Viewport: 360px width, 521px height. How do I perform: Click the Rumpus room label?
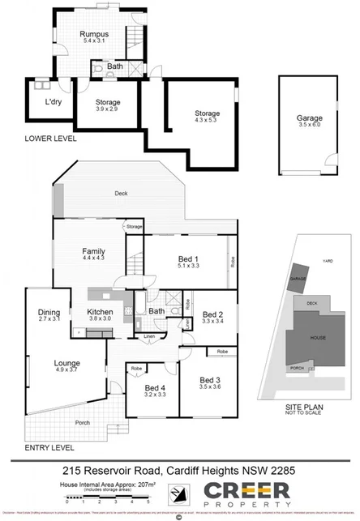(93, 35)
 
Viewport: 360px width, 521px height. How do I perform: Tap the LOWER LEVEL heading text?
(51, 138)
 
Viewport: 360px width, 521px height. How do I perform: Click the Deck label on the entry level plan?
(122, 193)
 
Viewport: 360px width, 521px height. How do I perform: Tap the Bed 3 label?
(211, 382)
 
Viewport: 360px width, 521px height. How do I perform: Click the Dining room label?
(50, 314)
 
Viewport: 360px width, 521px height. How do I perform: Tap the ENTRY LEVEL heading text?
(51, 446)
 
